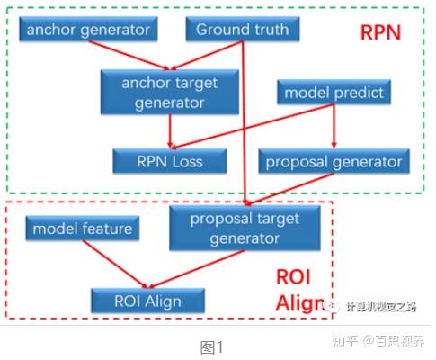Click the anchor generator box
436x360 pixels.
(87, 30)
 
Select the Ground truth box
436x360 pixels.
(243, 30)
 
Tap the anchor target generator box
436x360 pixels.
(170, 93)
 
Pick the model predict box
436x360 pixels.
(334, 93)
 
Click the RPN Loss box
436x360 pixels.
(169, 162)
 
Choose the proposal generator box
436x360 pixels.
(334, 162)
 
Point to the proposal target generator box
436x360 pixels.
(245, 229)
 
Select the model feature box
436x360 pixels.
(82, 229)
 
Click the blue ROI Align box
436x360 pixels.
(147, 300)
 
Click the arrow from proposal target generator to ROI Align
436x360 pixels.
(198, 268)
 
